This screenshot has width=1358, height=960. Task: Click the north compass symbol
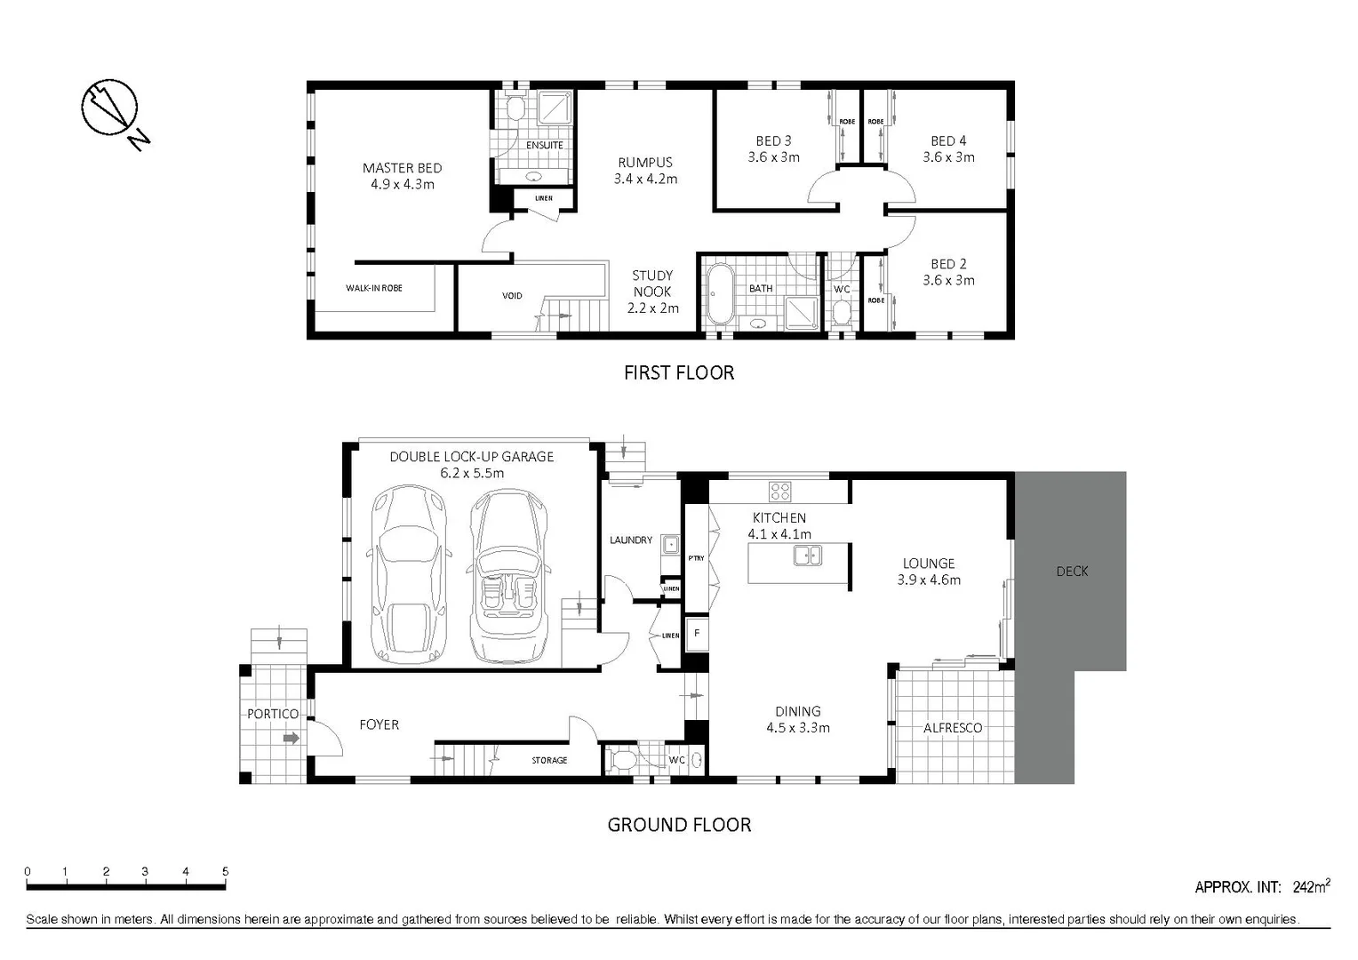tap(111, 111)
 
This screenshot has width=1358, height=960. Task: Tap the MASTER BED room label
tap(402, 176)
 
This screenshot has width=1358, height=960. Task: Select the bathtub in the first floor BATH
tap(719, 293)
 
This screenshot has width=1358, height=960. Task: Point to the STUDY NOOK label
tap(652, 292)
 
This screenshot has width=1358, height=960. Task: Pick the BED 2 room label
tap(948, 272)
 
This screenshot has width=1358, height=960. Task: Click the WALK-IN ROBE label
tap(374, 288)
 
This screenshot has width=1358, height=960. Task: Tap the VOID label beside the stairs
tap(512, 296)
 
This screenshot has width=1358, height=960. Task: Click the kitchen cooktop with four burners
tap(780, 492)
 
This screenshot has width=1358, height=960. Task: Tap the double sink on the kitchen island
tap(808, 556)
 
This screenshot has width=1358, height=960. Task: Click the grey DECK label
tap(1072, 572)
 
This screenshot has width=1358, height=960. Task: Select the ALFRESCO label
tap(953, 728)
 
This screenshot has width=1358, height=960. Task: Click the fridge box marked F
tap(697, 634)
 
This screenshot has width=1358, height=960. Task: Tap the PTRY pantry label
tap(696, 558)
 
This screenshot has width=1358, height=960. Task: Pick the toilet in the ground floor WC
tap(625, 761)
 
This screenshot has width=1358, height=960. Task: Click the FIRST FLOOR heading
tap(679, 372)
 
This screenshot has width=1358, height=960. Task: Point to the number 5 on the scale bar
tap(225, 872)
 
